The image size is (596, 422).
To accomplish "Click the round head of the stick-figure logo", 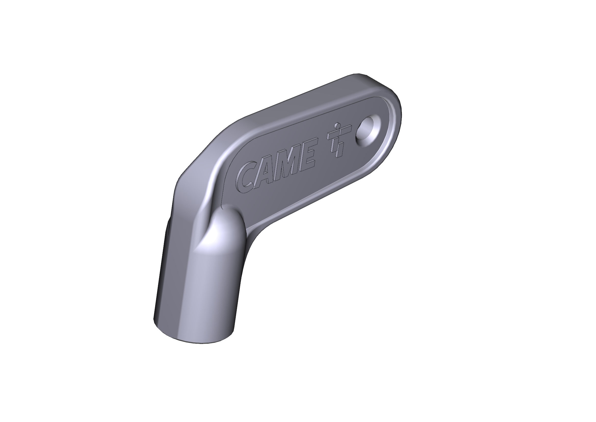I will (x=337, y=126).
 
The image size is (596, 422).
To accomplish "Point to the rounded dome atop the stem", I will (x=226, y=226).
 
